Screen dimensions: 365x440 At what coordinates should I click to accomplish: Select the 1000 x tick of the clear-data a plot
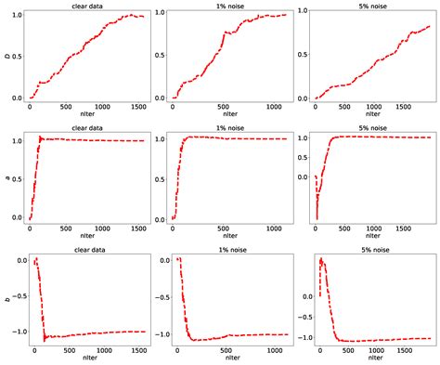tap(102, 229)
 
